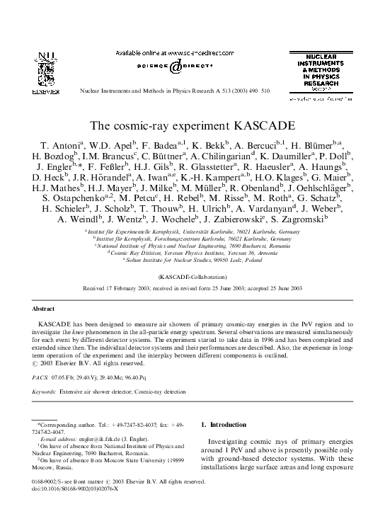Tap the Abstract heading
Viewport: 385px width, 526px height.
pyautogui.click(x=45, y=309)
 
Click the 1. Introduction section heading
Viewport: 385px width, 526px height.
pyautogui.click(x=226, y=425)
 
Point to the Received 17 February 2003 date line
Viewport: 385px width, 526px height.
pyautogui.click(x=192, y=289)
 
